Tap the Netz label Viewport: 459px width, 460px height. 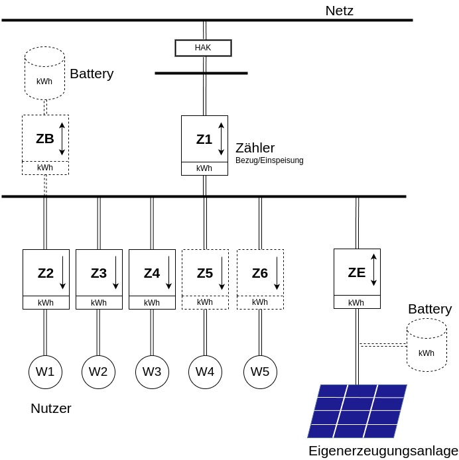pos(339,11)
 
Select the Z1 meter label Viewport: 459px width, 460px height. pos(204,139)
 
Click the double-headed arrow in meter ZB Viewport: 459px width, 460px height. pos(62,139)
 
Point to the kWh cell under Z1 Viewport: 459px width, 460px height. pos(204,168)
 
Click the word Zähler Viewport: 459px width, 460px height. pos(255,148)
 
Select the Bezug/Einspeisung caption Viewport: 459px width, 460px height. pos(269,160)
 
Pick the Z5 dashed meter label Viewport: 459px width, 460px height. pos(205,274)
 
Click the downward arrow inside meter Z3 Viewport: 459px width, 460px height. pos(115,272)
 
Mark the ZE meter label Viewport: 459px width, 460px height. pos(356,272)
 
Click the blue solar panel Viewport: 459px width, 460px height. pos(357,411)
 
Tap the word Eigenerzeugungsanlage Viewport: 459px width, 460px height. pos(383,451)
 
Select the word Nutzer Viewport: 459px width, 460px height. pos(51,408)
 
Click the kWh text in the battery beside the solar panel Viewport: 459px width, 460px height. pos(426,353)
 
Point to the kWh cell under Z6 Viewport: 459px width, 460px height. pos(260,302)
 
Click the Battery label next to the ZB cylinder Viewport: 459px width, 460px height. pos(92,74)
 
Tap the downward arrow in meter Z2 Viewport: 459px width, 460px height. pos(62,272)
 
